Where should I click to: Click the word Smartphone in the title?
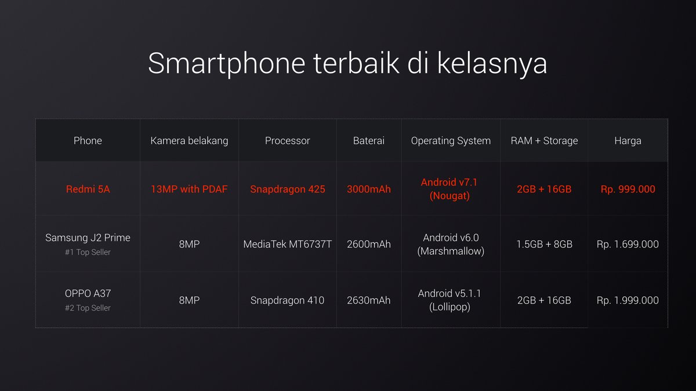(x=227, y=64)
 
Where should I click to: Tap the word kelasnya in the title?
(x=492, y=64)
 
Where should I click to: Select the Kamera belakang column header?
(x=189, y=141)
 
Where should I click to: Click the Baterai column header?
(x=369, y=141)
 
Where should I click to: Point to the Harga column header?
(x=628, y=141)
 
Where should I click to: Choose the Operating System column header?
(x=451, y=141)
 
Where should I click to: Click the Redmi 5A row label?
(x=88, y=189)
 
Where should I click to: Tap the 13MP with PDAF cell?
(x=189, y=189)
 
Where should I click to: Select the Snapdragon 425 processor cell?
(x=288, y=189)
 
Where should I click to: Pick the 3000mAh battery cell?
(x=369, y=189)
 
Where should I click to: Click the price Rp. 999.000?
(x=628, y=189)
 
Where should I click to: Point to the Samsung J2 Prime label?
(x=88, y=237)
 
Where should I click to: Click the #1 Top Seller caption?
(x=88, y=253)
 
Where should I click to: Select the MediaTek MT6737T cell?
(x=288, y=244)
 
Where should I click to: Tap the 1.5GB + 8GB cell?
(x=544, y=244)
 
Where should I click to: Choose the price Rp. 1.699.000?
(x=628, y=244)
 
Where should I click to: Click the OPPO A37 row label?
(x=88, y=294)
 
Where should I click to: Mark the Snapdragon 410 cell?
(x=288, y=301)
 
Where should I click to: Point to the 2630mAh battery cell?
(x=369, y=301)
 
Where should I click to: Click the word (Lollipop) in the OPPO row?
(x=449, y=307)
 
